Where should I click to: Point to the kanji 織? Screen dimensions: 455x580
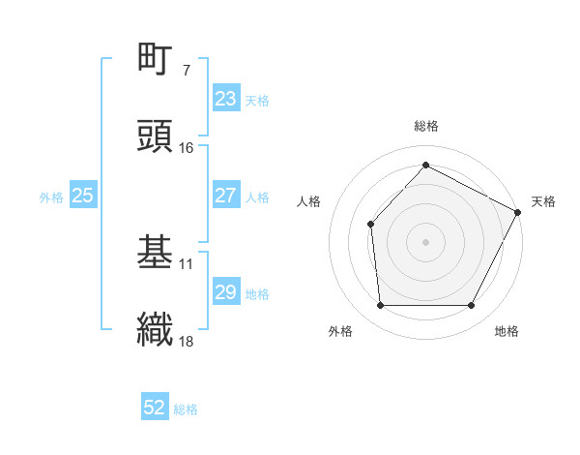155,328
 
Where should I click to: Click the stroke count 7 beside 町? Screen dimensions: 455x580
186,71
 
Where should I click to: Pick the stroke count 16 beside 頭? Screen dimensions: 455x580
187,147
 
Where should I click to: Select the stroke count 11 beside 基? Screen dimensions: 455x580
187,263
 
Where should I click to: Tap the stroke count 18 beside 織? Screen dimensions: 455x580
187,340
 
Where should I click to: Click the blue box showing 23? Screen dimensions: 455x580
225,99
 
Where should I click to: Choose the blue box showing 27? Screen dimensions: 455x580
225,196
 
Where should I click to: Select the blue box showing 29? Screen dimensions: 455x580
225,292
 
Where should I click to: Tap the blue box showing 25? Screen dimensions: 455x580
83,196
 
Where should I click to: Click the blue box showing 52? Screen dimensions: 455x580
155,409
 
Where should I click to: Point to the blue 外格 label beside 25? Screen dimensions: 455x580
51,197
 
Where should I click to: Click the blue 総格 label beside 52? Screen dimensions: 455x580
186,409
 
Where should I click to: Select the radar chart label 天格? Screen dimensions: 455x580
543,201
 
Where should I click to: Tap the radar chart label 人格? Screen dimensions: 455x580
309,201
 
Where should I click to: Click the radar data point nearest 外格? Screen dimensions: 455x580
380,306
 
